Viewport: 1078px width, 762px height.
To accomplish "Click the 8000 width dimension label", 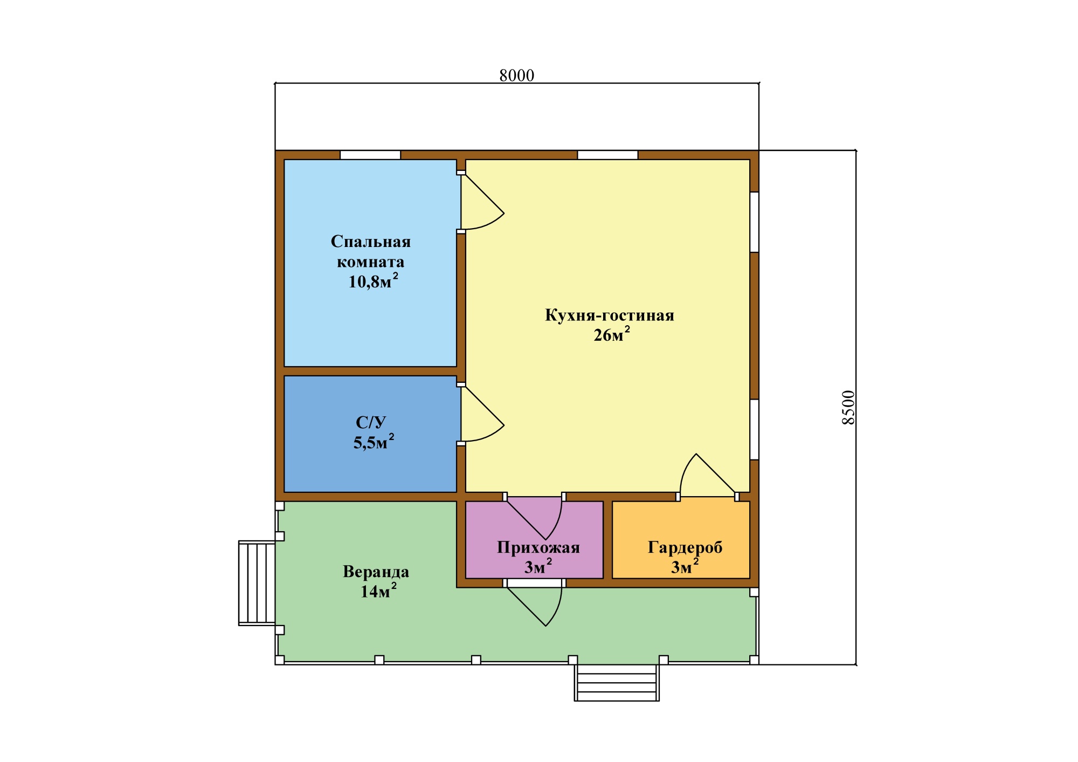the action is [x=516, y=75].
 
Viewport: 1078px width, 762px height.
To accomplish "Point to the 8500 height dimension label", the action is [x=848, y=407].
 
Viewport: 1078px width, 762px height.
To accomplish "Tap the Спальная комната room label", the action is [x=371, y=251].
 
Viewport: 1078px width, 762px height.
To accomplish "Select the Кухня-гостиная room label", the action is [x=610, y=315].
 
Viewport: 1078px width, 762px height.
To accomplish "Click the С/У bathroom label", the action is [x=371, y=422].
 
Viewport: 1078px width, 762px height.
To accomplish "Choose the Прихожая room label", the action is [x=538, y=547].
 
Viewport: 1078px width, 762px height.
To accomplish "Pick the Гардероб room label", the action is [x=685, y=547].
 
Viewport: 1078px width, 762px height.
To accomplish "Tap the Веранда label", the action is [x=376, y=572].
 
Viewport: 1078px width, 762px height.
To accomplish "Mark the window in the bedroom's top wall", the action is [x=370, y=155].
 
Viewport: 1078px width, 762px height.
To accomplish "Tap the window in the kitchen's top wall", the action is [x=608, y=155].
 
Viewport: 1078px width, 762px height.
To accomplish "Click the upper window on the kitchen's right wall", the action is [x=755, y=222].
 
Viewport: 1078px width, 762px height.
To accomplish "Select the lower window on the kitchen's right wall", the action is [x=755, y=429].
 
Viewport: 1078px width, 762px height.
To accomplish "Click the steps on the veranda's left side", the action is [x=257, y=583].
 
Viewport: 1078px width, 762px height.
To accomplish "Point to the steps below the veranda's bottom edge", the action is [x=617, y=683].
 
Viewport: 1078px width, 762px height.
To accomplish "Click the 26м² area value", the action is [x=612, y=335].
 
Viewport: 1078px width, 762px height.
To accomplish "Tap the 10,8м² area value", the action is [x=373, y=281].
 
